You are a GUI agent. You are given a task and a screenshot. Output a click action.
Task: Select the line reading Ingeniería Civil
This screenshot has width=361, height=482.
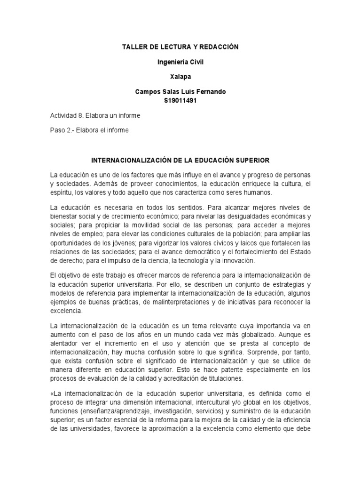coord(180,61)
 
